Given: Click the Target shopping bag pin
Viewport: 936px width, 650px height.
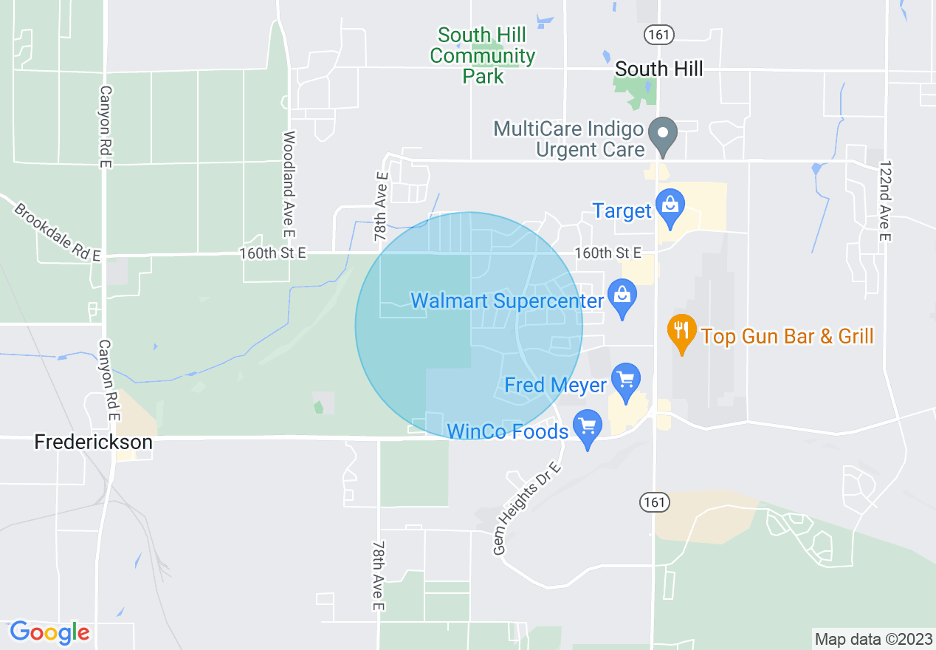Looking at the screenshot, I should pyautogui.click(x=670, y=208).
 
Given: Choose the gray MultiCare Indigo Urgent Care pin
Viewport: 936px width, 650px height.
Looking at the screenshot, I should pyautogui.click(x=663, y=135).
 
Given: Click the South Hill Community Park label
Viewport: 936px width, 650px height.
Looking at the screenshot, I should pyautogui.click(x=483, y=55).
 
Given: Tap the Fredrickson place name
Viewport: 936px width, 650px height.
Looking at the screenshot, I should pyautogui.click(x=94, y=442).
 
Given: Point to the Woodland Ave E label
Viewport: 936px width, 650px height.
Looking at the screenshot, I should pyautogui.click(x=289, y=185).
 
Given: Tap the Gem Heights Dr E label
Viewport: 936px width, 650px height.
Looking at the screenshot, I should pyautogui.click(x=527, y=510).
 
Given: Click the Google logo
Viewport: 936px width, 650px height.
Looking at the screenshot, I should pyautogui.click(x=49, y=633).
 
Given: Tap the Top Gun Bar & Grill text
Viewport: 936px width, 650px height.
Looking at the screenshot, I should pyautogui.click(x=787, y=337).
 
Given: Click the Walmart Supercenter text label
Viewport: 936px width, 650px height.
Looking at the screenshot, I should pyautogui.click(x=507, y=301).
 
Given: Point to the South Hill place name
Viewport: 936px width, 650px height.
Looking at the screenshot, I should pyautogui.click(x=658, y=69).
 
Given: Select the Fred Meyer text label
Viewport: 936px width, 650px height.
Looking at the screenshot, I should pyautogui.click(x=555, y=385).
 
